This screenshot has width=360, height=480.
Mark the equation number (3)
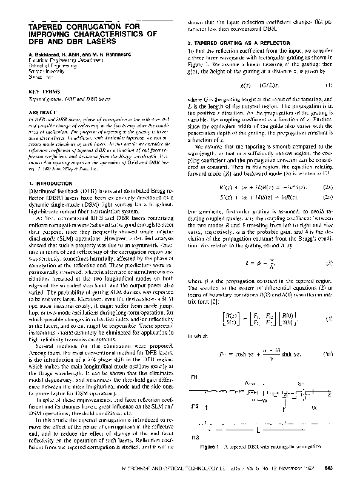328,263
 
